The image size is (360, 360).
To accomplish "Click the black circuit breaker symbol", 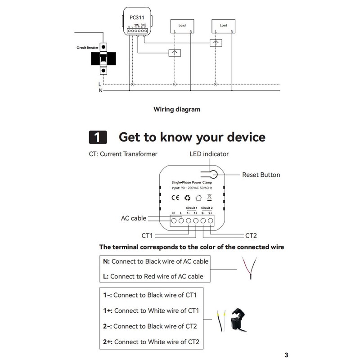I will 103,58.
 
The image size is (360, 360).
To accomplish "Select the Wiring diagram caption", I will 177,109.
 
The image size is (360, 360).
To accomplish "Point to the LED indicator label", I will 209,154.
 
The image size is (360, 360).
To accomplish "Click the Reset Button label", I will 261,175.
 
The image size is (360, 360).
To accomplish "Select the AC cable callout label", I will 134,218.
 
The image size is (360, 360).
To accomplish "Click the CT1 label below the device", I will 148,235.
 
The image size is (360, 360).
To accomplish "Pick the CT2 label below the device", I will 251,235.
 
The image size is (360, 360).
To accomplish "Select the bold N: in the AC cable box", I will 107,261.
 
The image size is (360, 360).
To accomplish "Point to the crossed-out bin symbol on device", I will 209,197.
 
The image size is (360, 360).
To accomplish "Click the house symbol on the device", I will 198,197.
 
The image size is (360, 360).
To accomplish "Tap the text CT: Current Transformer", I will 123,154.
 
